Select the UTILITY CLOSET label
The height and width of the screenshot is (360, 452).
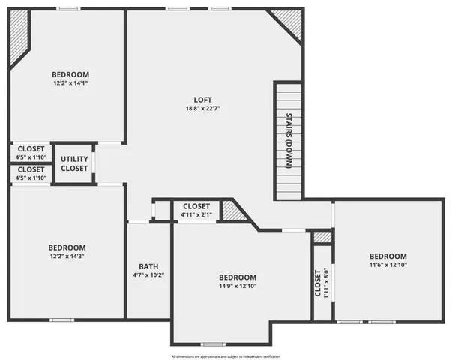pos(74,164)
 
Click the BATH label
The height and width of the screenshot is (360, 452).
pos(148,266)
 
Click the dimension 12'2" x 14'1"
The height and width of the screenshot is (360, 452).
pos(70,84)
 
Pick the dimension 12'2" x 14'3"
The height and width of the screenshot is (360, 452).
pos(67,257)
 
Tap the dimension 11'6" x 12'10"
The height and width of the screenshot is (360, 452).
pos(388,265)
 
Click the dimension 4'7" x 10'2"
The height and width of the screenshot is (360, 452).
pos(148,276)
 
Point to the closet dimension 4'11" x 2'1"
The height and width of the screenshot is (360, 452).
pos(196,215)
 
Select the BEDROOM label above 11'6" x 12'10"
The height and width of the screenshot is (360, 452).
pos(388,256)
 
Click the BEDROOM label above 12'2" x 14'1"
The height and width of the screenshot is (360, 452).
pos(70,74)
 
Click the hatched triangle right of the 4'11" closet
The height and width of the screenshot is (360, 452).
pos(234,212)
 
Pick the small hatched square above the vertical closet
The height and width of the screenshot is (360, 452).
pos(322,237)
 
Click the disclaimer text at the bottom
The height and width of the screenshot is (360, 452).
pos(225,355)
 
